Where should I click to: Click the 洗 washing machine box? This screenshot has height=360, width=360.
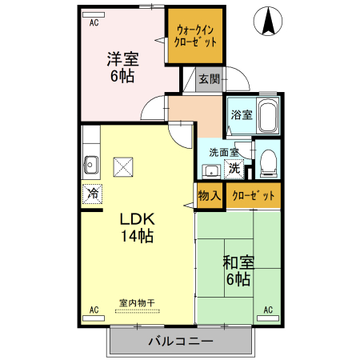click(x=234, y=167)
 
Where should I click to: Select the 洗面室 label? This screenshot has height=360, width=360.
click(x=224, y=151)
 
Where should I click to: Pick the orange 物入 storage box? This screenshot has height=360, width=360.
click(x=208, y=195)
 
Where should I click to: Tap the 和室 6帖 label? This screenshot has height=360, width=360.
click(x=237, y=270)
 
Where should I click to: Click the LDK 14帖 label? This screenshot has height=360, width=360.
click(x=137, y=226)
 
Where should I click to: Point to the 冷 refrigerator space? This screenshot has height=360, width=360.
click(x=93, y=193)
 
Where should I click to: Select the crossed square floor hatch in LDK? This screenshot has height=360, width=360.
click(x=123, y=166)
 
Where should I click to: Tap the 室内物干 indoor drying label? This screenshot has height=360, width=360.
click(x=137, y=302)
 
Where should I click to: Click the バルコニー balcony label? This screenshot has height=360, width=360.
click(x=180, y=342)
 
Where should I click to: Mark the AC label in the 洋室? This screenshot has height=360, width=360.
click(x=94, y=23)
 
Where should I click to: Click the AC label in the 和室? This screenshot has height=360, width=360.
click(x=267, y=310)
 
